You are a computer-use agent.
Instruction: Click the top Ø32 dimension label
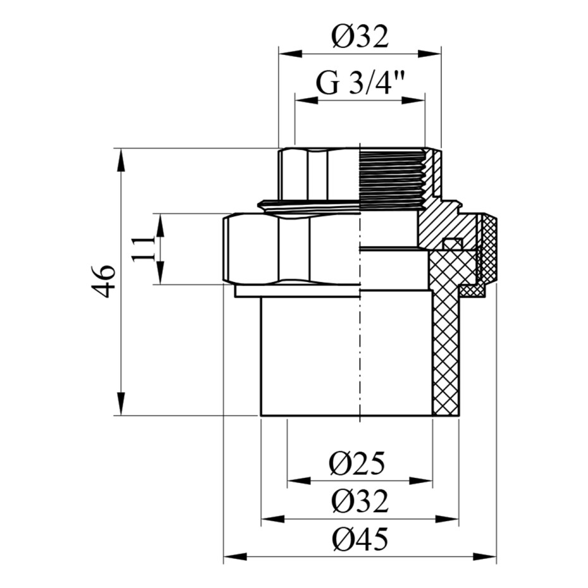pos(360,37)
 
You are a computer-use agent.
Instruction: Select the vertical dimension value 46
pos(103,281)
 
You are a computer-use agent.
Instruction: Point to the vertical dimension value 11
pos(144,249)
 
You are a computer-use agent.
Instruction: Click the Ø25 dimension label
pos(357,463)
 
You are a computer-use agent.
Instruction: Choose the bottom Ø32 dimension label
pos(360,501)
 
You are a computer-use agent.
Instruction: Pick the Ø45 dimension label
pos(360,539)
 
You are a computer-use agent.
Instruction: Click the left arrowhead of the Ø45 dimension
pos(235,556)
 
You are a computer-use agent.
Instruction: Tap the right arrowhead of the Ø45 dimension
pos(484,556)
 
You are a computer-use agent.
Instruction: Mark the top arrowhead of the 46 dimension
pos(120,161)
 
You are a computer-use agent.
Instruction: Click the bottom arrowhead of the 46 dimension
pos(120,403)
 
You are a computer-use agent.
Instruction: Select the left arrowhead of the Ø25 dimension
pos(299,481)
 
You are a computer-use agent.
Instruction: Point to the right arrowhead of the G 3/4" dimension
pos(413,101)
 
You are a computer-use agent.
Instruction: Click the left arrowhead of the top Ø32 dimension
pos(291,53)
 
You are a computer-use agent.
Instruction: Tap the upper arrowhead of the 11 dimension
pos(160,226)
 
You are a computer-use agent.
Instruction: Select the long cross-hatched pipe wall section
pos(446,334)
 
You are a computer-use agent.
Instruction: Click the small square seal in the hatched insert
pos(452,244)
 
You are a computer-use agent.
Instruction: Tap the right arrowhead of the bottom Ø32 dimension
pos(446,519)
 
